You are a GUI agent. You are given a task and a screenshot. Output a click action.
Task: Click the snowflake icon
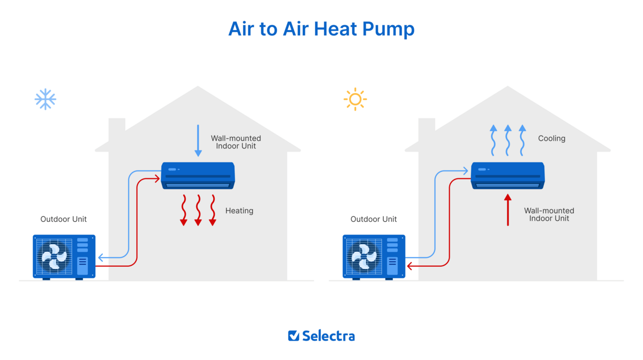click(x=46, y=99)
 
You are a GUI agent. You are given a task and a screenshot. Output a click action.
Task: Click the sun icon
click(x=355, y=99)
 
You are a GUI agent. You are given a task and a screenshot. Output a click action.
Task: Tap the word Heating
click(x=239, y=211)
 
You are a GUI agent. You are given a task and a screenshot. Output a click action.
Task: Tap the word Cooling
click(x=551, y=138)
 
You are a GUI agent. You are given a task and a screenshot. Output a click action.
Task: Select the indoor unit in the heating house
click(x=198, y=175)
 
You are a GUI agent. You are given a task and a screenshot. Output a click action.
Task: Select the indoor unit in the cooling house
click(x=507, y=175)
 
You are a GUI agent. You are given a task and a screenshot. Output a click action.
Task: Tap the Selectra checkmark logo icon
click(x=294, y=336)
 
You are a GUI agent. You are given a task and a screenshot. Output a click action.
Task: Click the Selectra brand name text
click(x=328, y=336)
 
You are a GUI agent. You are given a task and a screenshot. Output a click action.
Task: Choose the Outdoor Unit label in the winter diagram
click(x=63, y=219)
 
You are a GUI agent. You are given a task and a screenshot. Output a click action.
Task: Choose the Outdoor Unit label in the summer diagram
click(x=373, y=219)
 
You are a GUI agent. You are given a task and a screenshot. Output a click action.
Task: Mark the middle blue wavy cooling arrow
click(x=508, y=140)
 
